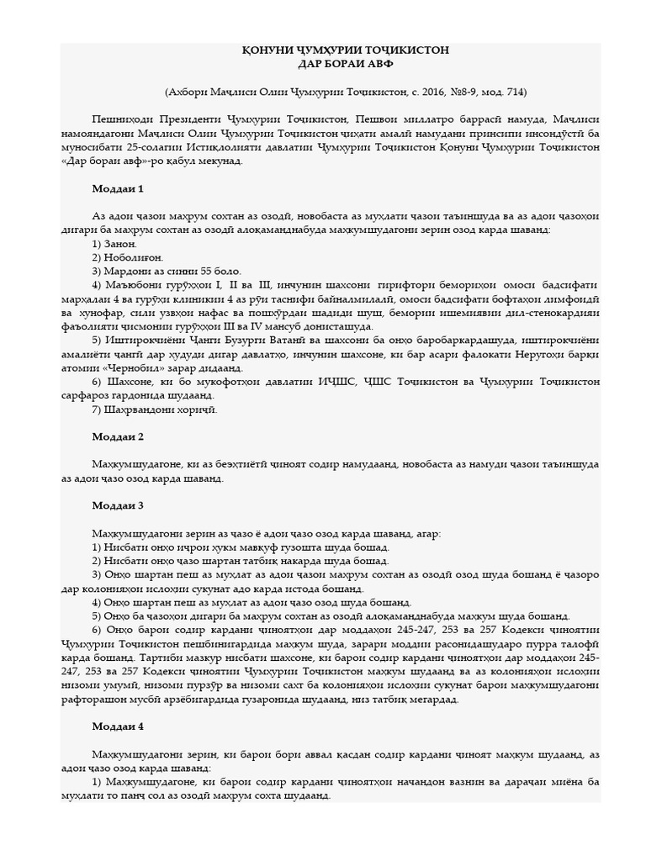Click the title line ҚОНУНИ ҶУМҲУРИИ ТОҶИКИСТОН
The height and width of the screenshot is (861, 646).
click(x=346, y=50)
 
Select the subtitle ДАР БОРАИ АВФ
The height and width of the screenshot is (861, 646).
click(x=346, y=64)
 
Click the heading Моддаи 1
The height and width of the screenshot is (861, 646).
click(x=118, y=188)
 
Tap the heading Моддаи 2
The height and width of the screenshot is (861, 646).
click(x=118, y=436)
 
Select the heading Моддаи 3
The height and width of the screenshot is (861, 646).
click(x=118, y=505)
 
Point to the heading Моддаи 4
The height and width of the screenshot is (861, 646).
click(x=118, y=726)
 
